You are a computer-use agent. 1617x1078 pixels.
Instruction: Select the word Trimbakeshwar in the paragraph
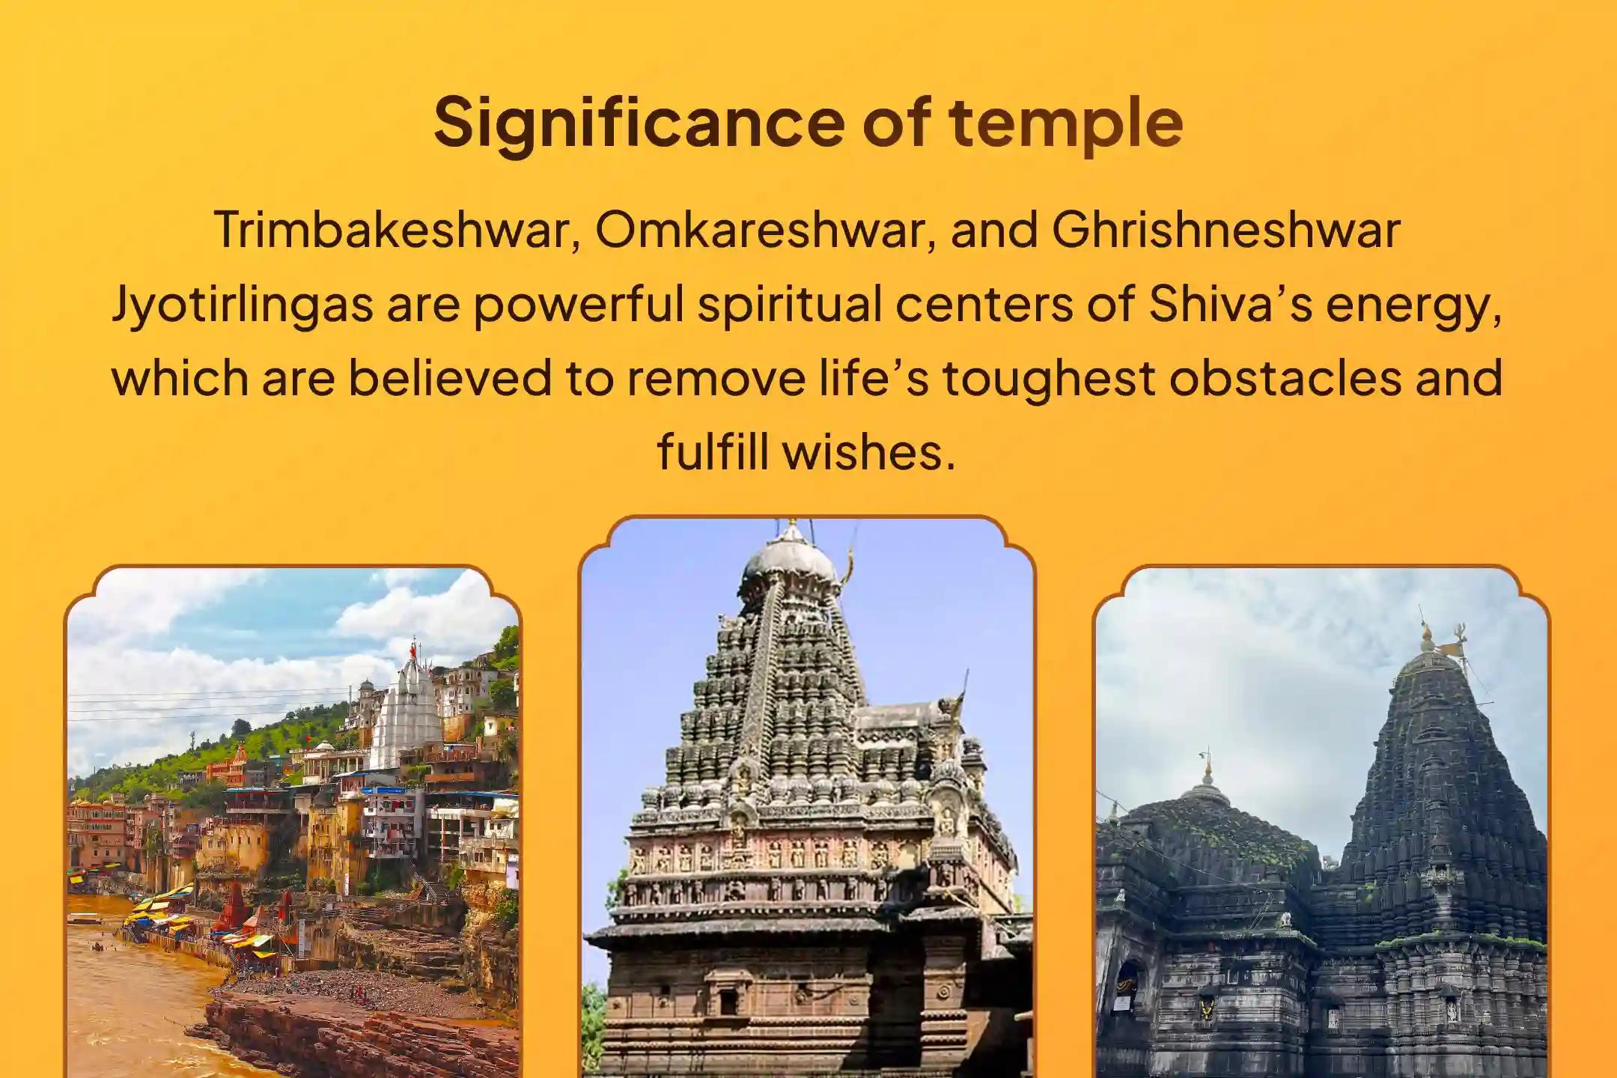point(395,231)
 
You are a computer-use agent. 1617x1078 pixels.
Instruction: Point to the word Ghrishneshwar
point(1225,231)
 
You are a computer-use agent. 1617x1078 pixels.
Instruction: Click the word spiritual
point(786,305)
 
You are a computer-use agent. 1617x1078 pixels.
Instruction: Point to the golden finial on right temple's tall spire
point(1427,640)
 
